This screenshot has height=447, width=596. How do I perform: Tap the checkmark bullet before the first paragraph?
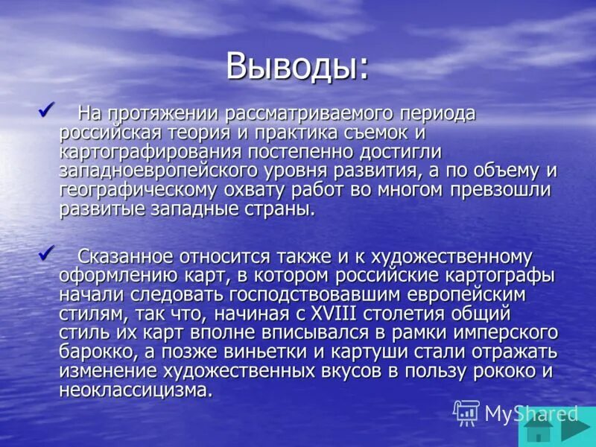click(46, 110)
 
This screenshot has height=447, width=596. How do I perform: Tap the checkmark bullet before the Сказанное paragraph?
click(46, 253)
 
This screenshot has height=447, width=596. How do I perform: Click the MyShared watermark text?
click(530, 413)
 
